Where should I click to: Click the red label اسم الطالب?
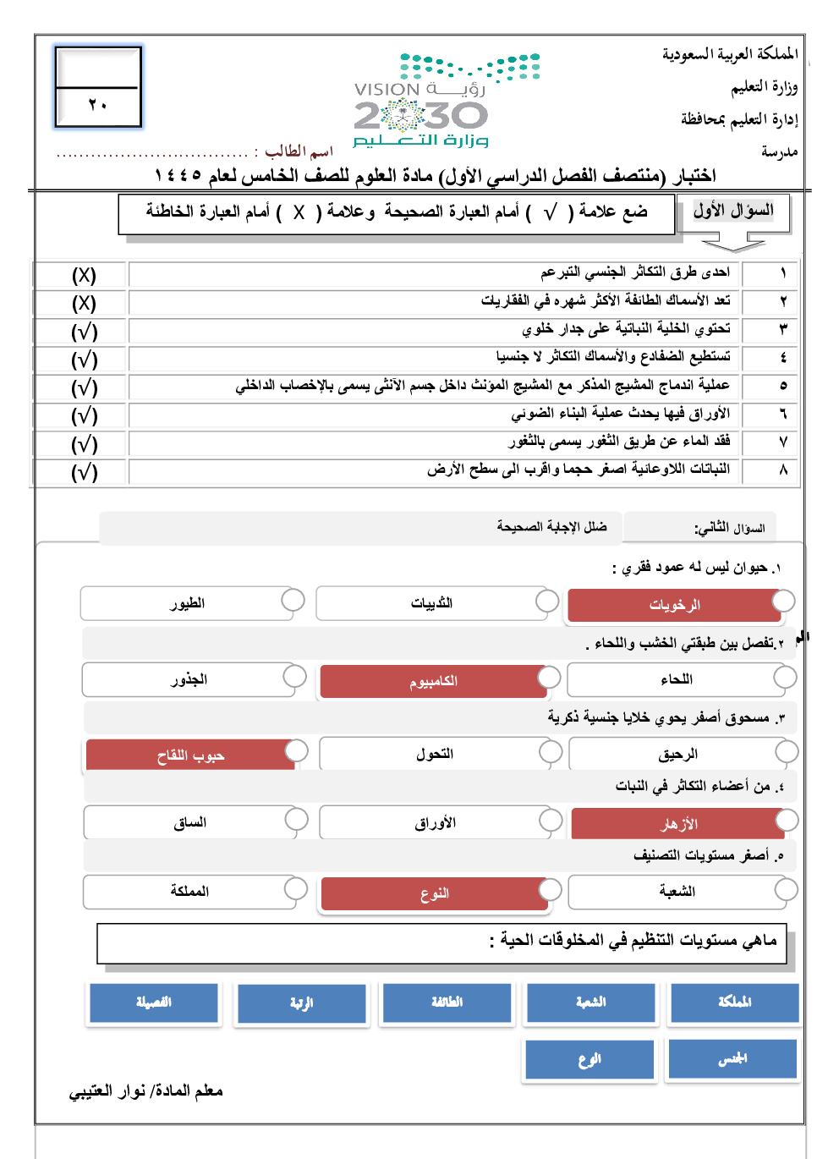click(299, 151)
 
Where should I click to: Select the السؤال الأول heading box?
click(733, 211)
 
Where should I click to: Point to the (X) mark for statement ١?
click(84, 276)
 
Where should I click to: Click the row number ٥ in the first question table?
click(782, 386)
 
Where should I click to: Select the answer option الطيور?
click(187, 604)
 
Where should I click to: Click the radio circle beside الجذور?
click(294, 676)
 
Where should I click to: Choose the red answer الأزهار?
click(678, 824)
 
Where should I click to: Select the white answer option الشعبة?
click(677, 892)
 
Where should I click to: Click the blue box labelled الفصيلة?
click(154, 1002)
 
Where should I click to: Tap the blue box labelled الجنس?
click(732, 1059)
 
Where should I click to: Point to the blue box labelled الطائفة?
click(447, 1002)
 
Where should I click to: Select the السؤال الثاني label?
click(729, 528)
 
